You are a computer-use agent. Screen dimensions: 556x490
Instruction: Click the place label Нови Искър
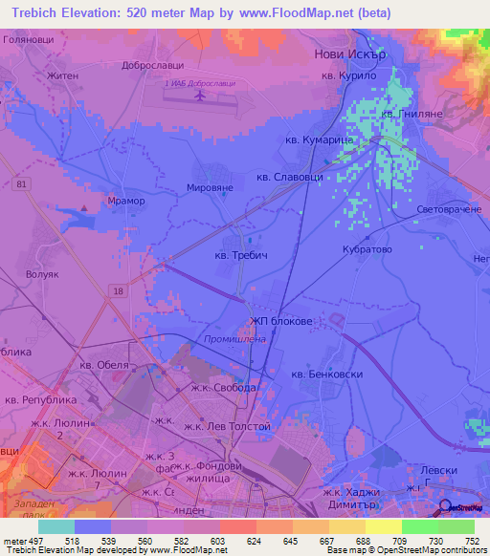pos(350,55)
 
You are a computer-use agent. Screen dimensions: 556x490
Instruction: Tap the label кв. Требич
pos(242,256)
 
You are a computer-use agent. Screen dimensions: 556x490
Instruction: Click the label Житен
pos(60,74)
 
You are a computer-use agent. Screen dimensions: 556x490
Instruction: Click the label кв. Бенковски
pos(326,374)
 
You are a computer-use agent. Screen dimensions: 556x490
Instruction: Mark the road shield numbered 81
pos(20,184)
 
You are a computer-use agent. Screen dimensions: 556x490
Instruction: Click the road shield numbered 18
pos(117,291)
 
